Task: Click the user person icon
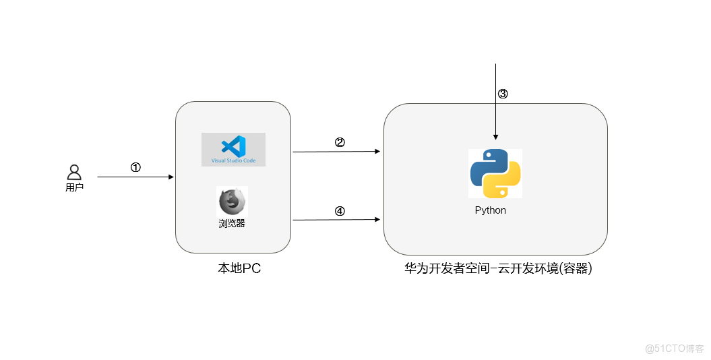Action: pos(74,172)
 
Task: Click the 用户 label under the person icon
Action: pos(74,187)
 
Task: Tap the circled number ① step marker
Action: pos(135,168)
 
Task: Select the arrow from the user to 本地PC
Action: pos(135,177)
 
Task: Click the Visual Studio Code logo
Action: pos(234,146)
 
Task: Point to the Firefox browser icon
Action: pos(232,202)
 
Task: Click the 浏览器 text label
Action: pos(232,223)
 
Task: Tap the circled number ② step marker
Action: pos(340,142)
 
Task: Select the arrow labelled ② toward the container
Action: pos(336,152)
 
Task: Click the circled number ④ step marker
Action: pos(340,211)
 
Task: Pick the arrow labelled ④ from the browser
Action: pos(336,220)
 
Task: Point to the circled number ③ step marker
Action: pos(503,94)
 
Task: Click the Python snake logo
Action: pos(495,173)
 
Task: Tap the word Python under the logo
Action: pos(490,210)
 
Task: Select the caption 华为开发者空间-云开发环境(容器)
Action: pos(498,268)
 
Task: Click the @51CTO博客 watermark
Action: pos(674,349)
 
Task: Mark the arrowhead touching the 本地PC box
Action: pos(171,177)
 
